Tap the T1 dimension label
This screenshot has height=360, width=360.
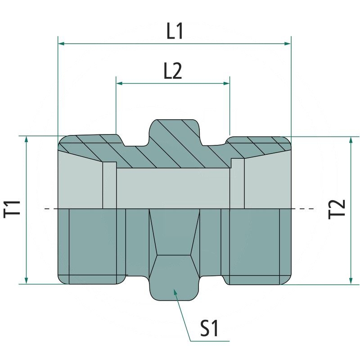14,210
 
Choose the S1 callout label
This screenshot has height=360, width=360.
210,329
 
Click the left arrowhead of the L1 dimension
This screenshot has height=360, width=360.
61,44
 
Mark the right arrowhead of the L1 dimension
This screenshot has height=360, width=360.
288,44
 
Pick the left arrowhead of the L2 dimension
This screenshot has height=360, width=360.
119,83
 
